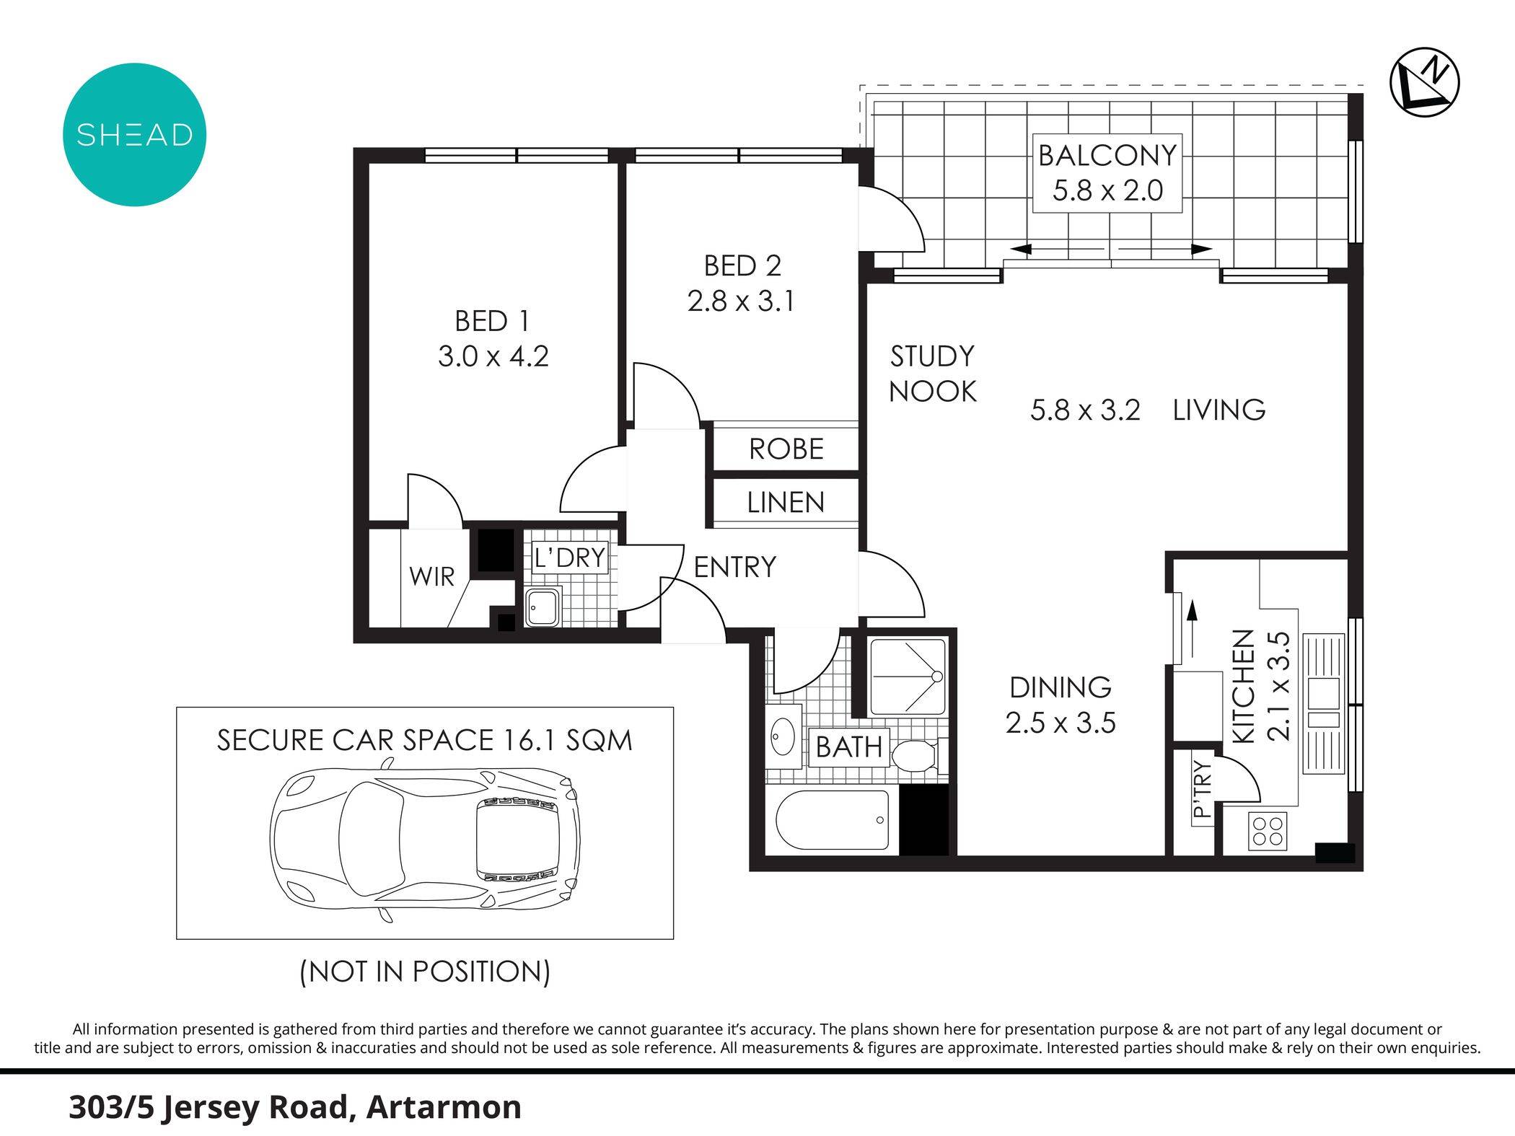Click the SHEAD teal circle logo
[134, 135]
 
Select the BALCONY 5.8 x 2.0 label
[1107, 173]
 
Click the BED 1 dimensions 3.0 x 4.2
[493, 356]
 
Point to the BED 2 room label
[742, 266]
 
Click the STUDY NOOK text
[932, 374]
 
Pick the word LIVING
[1218, 410]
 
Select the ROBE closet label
[786, 449]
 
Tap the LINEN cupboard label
[786, 502]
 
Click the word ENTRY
[734, 567]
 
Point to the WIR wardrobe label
[431, 576]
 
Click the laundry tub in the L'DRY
[541, 607]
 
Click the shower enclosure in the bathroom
[907, 676]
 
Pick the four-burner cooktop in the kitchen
[1267, 830]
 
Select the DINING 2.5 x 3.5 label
[1060, 705]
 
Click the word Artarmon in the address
[443, 1107]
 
